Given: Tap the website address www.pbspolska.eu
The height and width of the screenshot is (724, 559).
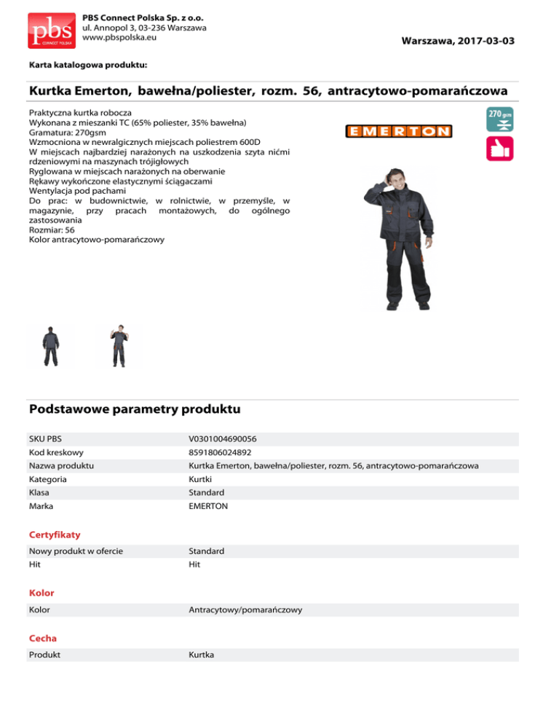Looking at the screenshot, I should click(120, 36).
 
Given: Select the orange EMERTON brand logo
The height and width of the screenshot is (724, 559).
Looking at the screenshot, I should click(398, 131).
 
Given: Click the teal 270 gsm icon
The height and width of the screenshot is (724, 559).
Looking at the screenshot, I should click(499, 119).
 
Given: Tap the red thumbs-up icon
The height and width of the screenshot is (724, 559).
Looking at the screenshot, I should click(499, 149).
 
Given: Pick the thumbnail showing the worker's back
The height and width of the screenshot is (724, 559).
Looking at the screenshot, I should click(51, 347).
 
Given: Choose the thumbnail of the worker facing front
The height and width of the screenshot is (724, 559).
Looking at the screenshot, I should click(119, 347).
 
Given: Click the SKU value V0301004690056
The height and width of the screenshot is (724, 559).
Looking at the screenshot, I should click(222, 439).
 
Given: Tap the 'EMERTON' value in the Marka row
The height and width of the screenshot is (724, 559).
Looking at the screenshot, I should click(208, 505).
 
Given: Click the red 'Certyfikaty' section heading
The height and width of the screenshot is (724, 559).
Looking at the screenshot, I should click(55, 535).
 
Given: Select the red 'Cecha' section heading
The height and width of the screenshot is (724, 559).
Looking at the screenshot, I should click(43, 638).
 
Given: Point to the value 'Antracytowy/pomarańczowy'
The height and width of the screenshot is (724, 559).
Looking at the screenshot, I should click(245, 609).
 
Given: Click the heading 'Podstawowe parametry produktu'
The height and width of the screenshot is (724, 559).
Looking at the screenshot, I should click(135, 409).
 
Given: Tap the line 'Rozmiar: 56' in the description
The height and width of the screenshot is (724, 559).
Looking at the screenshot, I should click(52, 229).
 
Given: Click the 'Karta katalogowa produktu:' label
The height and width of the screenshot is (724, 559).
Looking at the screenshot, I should click(88, 65).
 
